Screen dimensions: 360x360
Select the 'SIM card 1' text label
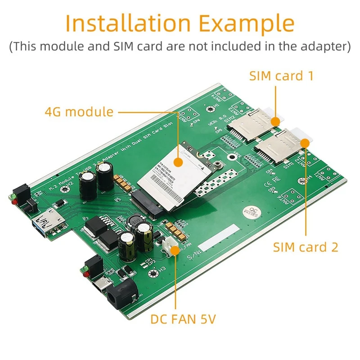[281, 76]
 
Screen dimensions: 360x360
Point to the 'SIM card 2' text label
[306, 247]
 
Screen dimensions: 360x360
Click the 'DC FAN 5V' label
[183, 319]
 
